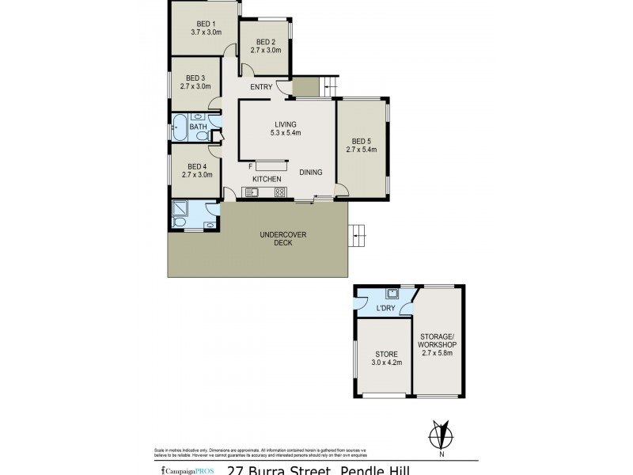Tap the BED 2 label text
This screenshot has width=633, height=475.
263,46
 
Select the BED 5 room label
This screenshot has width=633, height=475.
361,144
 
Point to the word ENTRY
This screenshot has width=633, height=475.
261,87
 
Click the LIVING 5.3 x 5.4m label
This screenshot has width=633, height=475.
285,129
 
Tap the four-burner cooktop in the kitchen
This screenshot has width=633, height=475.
279,192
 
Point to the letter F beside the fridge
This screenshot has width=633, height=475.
250,166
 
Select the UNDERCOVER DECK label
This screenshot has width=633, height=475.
283,238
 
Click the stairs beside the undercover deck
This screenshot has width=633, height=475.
358,232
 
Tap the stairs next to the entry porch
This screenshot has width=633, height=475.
328,85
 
